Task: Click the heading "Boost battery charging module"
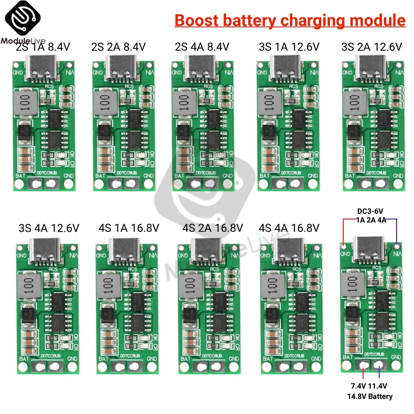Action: click(x=290, y=20)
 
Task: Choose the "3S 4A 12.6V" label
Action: click(x=49, y=228)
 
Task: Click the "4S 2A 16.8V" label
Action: click(x=212, y=228)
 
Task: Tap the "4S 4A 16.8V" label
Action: click(x=289, y=228)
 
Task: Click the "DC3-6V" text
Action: click(x=370, y=211)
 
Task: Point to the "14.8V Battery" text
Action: click(x=370, y=396)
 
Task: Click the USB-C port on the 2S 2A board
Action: click(x=120, y=67)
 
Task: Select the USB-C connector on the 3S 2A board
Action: click(x=371, y=67)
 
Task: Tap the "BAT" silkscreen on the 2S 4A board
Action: click(x=180, y=176)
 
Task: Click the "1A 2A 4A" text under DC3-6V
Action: click(x=370, y=220)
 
